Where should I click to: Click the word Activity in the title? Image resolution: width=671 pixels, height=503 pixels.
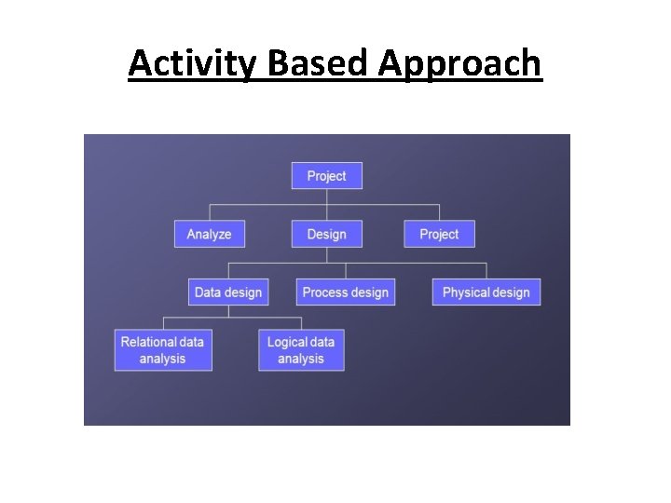point(195,63)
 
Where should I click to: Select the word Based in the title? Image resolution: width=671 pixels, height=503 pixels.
point(319,63)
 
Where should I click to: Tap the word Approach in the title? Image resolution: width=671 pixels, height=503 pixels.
point(459,63)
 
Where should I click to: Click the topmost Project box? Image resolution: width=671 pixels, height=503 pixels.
point(326,176)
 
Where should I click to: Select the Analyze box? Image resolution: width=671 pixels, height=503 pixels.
point(209,234)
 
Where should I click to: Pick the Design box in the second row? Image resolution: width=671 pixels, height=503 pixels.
point(326,234)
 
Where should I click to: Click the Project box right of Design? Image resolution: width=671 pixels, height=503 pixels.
point(439,234)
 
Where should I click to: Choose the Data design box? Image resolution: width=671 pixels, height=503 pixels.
point(228,292)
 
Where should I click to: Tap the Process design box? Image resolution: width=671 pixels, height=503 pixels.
point(346,292)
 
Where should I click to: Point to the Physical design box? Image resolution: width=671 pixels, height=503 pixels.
point(486,292)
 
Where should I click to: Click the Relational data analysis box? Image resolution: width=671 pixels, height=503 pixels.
point(163,350)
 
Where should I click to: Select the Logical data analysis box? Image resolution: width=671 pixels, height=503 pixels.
point(301,350)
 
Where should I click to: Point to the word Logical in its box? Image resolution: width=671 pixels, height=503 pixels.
point(287,342)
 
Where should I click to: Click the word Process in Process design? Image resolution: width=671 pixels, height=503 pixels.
point(324,292)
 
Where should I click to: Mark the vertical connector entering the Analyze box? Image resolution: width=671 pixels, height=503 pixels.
point(209,212)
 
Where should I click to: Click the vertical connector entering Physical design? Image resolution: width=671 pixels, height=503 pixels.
point(486,271)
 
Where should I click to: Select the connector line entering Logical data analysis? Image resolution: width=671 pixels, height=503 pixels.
point(301,323)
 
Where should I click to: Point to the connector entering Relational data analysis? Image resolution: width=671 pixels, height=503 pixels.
point(163,323)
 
